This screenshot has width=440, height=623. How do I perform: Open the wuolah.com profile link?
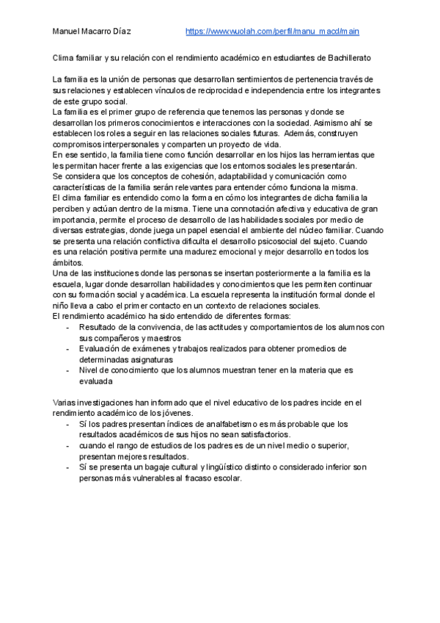click(272, 32)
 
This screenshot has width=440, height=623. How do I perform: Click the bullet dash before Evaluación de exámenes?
click(68, 349)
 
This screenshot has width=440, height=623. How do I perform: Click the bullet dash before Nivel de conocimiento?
click(68, 370)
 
